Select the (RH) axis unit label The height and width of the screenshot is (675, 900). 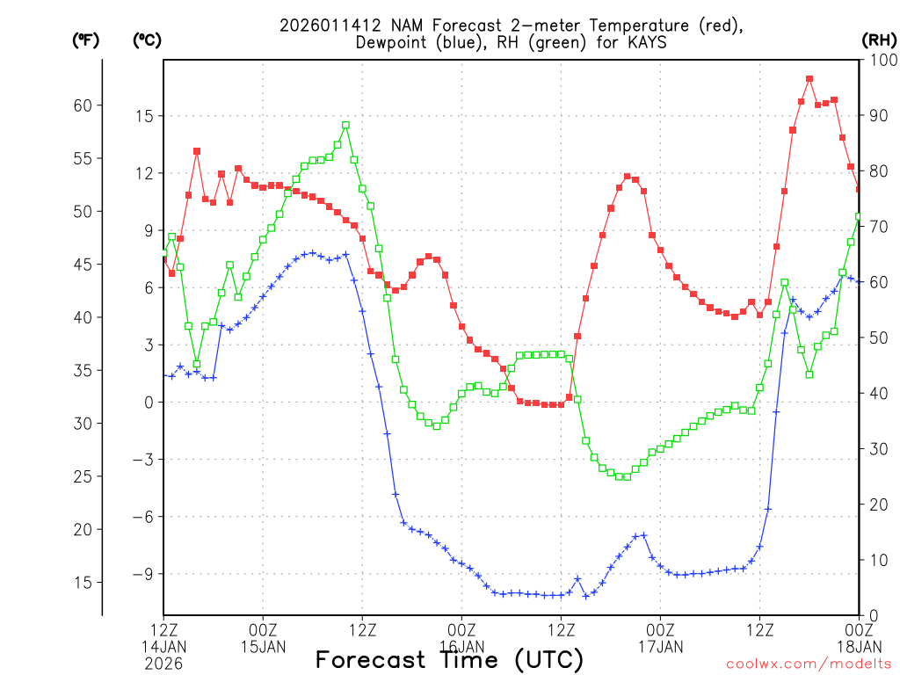pyautogui.click(x=879, y=40)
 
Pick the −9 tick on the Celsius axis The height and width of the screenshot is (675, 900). pyautogui.click(x=141, y=574)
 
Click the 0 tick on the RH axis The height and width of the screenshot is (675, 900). pyautogui.click(x=870, y=615)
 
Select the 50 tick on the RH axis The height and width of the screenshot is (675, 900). pyautogui.click(x=875, y=337)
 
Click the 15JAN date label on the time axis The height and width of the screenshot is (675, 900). pyautogui.click(x=263, y=648)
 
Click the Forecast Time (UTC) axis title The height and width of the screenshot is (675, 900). pyautogui.click(x=449, y=659)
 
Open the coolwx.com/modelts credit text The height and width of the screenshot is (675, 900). pyautogui.click(x=809, y=664)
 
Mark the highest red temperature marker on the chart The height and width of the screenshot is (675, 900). pyautogui.click(x=809, y=79)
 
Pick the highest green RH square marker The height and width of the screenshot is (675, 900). pyautogui.click(x=345, y=126)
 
